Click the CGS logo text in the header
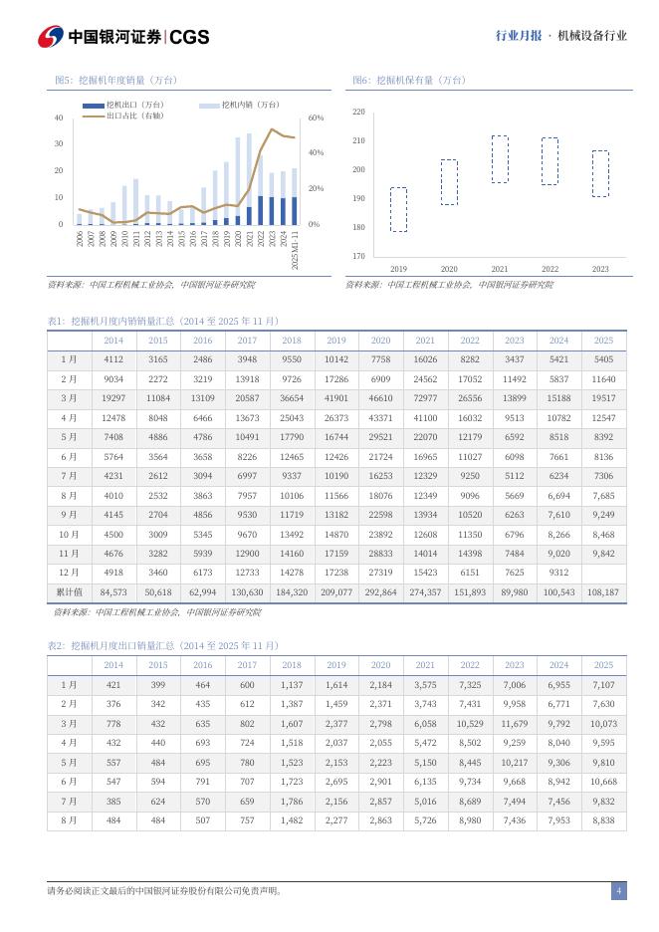pyautogui.click(x=189, y=36)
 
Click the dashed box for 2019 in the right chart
pyautogui.click(x=398, y=209)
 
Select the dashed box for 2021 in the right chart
pyautogui.click(x=500, y=159)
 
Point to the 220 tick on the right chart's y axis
pyautogui.click(x=358, y=112)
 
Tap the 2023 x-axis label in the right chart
pyautogui.click(x=600, y=269)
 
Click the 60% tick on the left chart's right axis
pyautogui.click(x=315, y=118)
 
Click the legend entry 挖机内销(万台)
pyautogui.click(x=240, y=105)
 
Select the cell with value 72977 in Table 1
pyautogui.click(x=425, y=397)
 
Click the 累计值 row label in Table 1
pyautogui.click(x=69, y=591)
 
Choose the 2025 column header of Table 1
pyautogui.click(x=603, y=340)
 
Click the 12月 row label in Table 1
pyautogui.click(x=69, y=572)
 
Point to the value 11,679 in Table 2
pyautogui.click(x=514, y=723)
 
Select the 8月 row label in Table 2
pyautogui.click(x=69, y=819)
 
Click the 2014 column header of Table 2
pyautogui.click(x=113, y=665)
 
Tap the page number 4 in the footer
pyautogui.click(x=618, y=890)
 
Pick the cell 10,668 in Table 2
pyautogui.click(x=603, y=781)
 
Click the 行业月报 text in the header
pyautogui.click(x=519, y=36)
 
